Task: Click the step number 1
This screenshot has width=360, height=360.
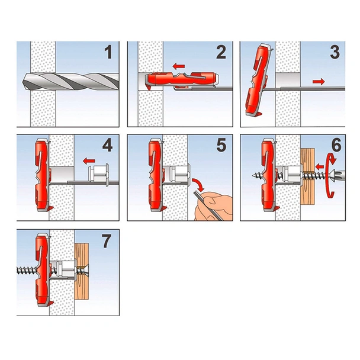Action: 108,53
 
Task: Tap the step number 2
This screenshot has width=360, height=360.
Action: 220,53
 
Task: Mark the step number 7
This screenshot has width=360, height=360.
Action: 108,240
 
